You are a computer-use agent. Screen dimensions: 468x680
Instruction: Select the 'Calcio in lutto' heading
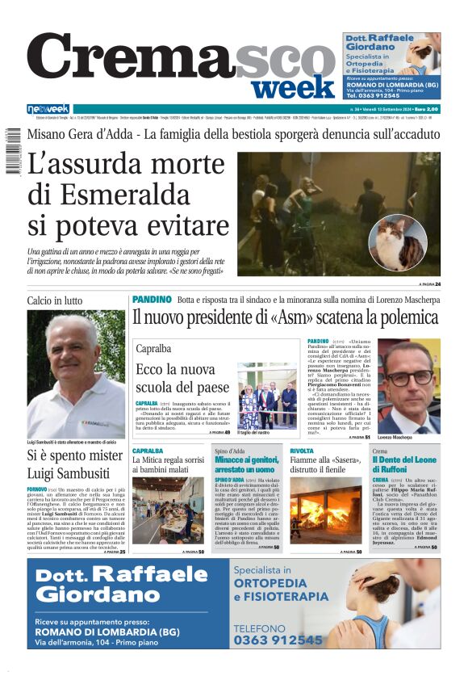coord(54,301)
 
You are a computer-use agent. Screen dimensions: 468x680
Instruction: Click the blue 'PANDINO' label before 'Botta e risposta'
coord(152,300)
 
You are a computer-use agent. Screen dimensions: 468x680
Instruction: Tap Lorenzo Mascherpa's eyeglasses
coord(409,376)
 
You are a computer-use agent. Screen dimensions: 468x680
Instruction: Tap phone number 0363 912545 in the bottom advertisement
coord(278,640)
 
